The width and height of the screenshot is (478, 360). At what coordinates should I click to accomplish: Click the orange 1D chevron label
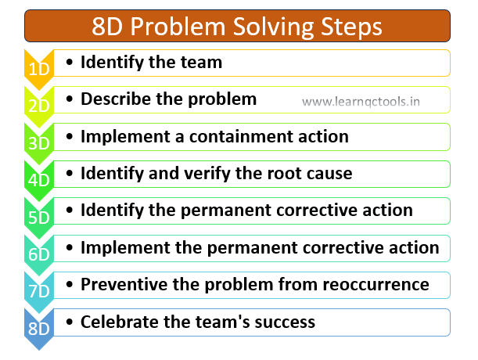coord(39,69)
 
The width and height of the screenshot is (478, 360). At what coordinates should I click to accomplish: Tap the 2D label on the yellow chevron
coord(39,106)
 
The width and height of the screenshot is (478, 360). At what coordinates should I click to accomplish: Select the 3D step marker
coord(39,143)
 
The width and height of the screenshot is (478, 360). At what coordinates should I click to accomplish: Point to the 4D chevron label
coord(39,180)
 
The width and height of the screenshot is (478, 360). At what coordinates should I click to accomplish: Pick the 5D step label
coord(39,218)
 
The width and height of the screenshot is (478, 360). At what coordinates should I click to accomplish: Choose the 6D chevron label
coord(39,254)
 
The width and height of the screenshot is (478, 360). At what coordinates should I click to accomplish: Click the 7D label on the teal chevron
coord(39,291)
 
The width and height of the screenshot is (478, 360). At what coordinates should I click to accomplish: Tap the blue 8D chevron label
coord(39,328)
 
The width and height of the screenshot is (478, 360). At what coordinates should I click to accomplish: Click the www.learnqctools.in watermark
coord(361,102)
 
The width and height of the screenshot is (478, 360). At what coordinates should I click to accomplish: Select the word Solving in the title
coord(273,27)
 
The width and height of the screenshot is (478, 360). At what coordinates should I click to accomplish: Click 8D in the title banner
coord(107,27)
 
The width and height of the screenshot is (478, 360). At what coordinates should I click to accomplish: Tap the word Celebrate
coord(119,322)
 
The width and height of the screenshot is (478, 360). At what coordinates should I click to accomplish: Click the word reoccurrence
coord(376,285)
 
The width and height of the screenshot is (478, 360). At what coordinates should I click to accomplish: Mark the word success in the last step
coord(285,322)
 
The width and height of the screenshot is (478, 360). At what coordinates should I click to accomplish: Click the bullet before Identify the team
coord(70,63)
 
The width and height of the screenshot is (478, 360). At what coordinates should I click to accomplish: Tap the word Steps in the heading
coord(351,27)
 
